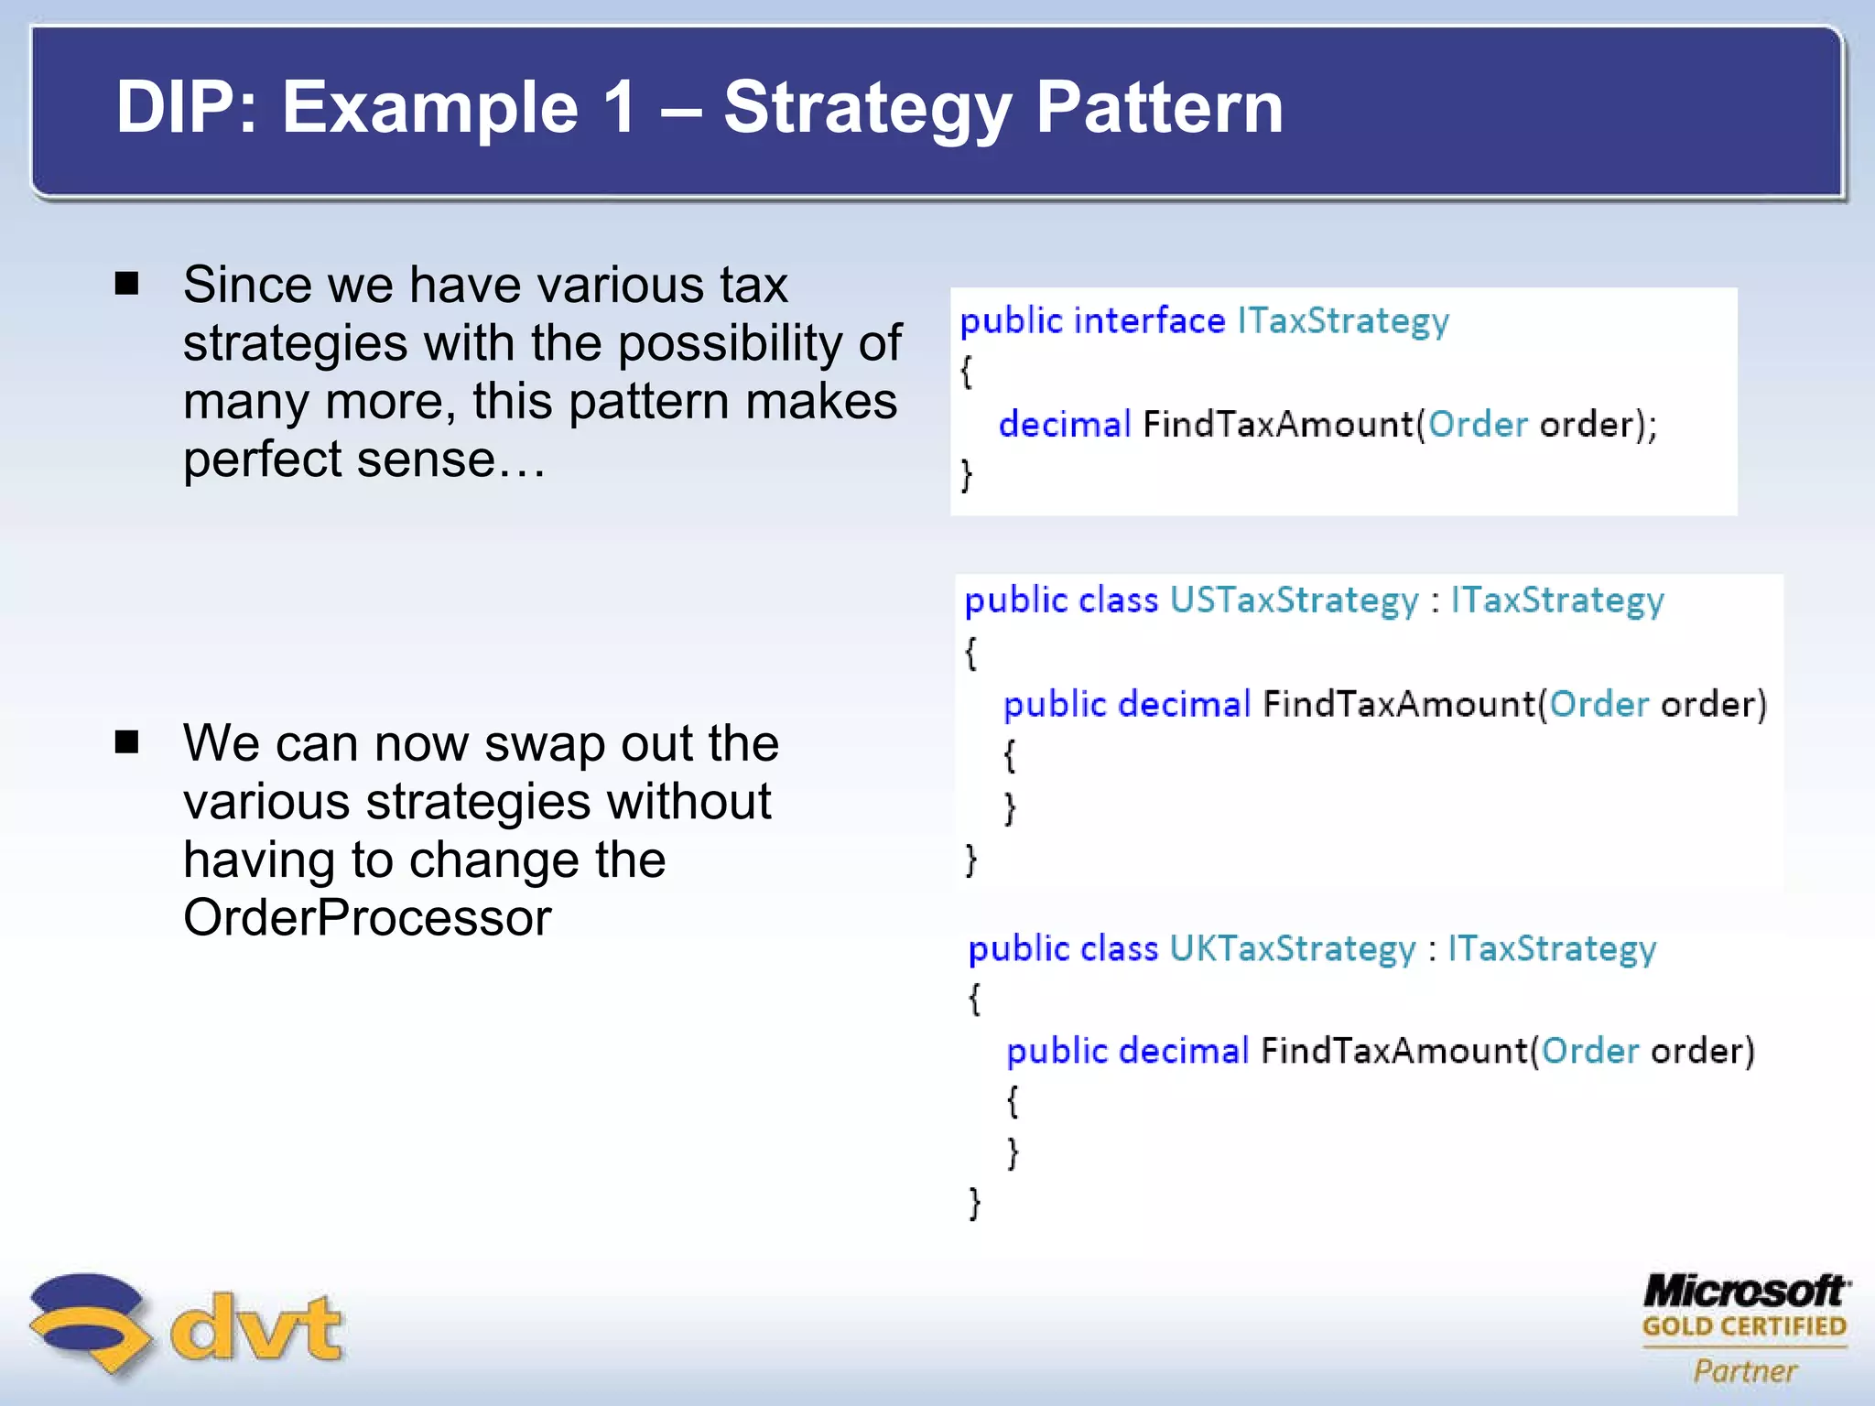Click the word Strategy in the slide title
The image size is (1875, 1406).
(x=867, y=108)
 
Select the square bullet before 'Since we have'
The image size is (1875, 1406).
(x=126, y=283)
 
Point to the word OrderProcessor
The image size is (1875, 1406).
(x=367, y=918)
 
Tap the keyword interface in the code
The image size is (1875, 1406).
(x=1149, y=320)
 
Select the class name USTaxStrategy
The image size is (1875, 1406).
(x=1294, y=600)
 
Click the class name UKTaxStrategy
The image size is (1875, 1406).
(x=1292, y=948)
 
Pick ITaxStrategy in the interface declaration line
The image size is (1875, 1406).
(x=1343, y=321)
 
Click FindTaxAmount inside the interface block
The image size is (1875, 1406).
(x=1278, y=425)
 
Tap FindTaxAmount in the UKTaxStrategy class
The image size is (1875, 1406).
(x=1394, y=1051)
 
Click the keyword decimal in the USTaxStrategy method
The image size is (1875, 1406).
(x=1184, y=704)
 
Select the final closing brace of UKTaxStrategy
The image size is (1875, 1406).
(x=975, y=1202)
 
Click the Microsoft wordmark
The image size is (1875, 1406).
(x=1745, y=1292)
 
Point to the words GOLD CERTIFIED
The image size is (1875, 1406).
(x=1744, y=1326)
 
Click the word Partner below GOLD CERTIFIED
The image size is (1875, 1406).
(x=1745, y=1370)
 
